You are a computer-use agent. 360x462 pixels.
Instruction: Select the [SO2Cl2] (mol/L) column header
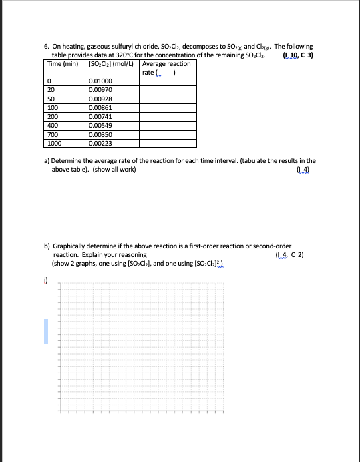pyautogui.click(x=112, y=64)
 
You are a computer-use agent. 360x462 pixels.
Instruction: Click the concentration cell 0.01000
pyautogui.click(x=102, y=81)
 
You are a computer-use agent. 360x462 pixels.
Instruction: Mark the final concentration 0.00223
pyautogui.click(x=102, y=142)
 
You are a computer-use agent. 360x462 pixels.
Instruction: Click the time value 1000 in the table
pyautogui.click(x=54, y=142)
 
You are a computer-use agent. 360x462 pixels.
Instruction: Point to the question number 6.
pyautogui.click(x=46, y=47)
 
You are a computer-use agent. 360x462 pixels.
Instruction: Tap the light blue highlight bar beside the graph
pyautogui.click(x=47, y=331)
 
